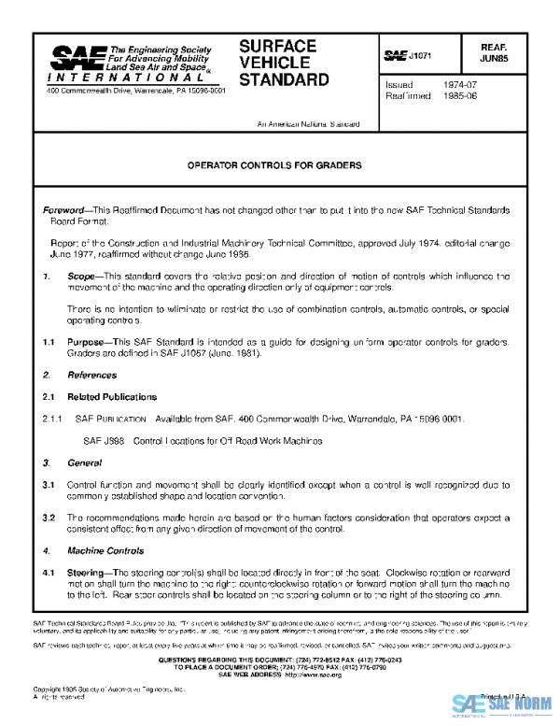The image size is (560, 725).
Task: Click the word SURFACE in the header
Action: (x=277, y=46)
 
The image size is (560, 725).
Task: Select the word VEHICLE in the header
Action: (x=273, y=63)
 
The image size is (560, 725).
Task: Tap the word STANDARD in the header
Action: (x=284, y=79)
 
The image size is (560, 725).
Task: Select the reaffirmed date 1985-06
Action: (x=457, y=95)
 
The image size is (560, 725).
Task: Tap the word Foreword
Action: (x=66, y=212)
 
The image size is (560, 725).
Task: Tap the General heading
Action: (x=85, y=463)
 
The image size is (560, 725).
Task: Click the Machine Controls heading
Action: (x=105, y=550)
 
